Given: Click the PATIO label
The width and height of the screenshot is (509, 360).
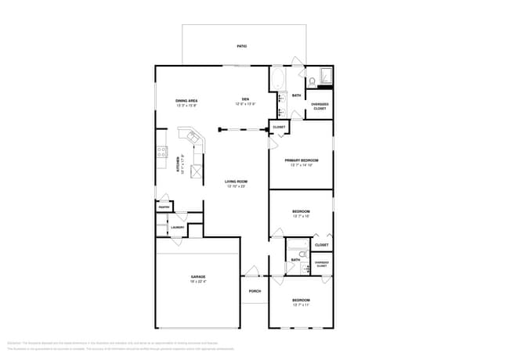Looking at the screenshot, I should [x=242, y=46].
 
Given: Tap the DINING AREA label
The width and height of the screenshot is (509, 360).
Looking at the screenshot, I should [x=186, y=100].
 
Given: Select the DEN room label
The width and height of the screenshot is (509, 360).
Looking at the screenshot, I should [x=245, y=99].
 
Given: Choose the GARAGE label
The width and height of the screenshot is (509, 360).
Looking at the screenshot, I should [x=198, y=277].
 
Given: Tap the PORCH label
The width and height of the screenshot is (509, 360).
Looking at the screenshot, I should [x=254, y=291].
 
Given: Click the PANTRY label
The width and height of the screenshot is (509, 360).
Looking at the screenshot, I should [x=164, y=207].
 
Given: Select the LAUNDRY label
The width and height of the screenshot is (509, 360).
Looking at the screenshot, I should [x=178, y=228].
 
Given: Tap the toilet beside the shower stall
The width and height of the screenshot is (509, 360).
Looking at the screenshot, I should [x=312, y=81].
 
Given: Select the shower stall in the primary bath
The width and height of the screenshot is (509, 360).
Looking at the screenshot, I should [x=326, y=76].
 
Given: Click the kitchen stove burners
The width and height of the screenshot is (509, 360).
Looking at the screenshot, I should [x=161, y=152].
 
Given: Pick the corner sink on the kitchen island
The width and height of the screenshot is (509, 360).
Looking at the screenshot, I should [x=186, y=135].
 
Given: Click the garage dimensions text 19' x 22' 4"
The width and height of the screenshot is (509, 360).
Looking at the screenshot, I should [x=198, y=282].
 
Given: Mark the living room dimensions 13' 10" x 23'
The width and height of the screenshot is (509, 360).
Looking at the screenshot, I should [x=236, y=186].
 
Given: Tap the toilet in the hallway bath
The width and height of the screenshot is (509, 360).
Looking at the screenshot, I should [x=305, y=268].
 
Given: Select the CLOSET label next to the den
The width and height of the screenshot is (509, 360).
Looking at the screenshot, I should [x=279, y=127].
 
